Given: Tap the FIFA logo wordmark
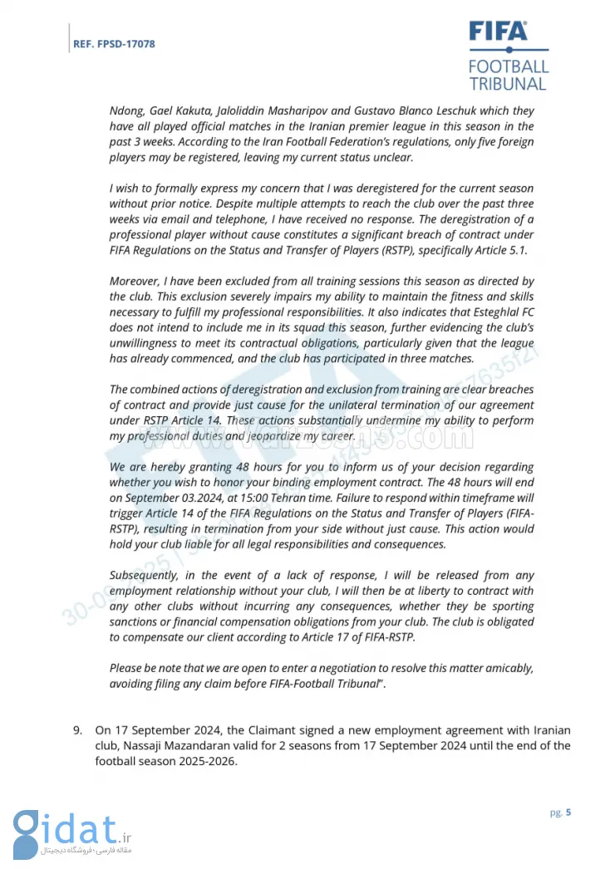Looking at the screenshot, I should pos(498,32).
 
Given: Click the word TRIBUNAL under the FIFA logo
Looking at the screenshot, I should pos(508,83).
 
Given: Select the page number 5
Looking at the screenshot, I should pos(568,813).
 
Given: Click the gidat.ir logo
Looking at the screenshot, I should pos(71,832).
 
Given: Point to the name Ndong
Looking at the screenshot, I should pos(127,110).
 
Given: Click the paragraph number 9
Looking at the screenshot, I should pos(77,730).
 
